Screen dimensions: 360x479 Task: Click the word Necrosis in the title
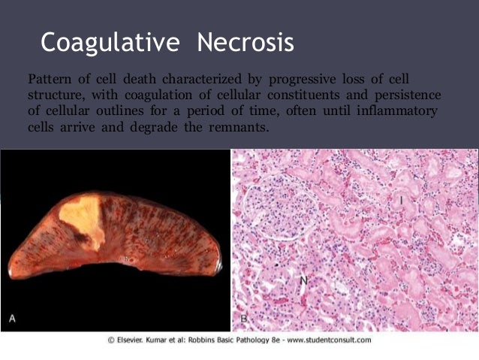246,42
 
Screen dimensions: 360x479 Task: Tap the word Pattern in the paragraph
47,79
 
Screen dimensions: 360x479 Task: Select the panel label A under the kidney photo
13,319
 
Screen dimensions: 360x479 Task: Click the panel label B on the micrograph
244,319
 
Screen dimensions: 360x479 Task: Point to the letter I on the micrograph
402,200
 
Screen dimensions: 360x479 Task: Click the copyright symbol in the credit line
110,340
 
